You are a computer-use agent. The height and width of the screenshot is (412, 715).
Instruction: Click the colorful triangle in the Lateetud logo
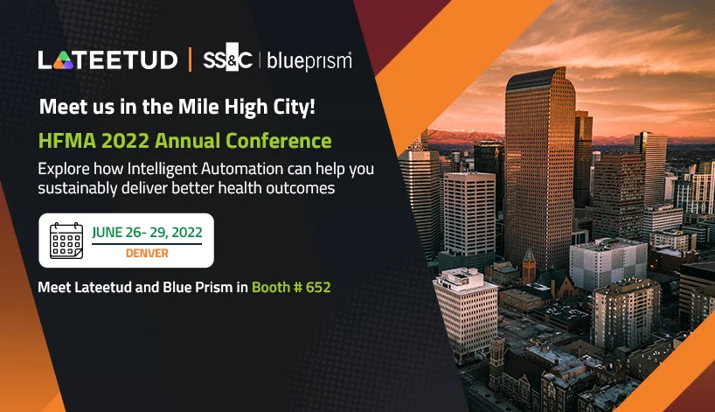tap(64, 60)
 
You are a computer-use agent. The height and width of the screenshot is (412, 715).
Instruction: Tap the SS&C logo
tap(227, 58)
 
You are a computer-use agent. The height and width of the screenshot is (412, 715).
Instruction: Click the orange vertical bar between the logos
tap(190, 59)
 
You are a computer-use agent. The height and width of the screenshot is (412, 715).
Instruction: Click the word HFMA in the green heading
tap(67, 141)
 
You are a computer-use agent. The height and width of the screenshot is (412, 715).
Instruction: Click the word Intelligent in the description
tap(162, 170)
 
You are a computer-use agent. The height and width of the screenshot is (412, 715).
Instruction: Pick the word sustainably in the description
tap(78, 188)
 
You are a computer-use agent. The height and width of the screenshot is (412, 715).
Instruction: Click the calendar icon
tap(66, 241)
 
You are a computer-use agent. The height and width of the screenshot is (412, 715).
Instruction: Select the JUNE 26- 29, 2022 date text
tap(147, 232)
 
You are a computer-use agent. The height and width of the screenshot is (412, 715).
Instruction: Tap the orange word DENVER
tap(147, 253)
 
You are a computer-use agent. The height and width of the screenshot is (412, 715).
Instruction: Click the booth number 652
tap(318, 287)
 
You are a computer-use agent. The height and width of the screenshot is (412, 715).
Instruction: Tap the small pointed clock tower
tap(529, 266)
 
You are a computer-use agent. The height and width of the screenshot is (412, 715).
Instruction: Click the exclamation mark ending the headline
tap(312, 107)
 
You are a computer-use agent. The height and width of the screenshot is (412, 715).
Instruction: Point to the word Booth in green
tap(271, 287)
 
